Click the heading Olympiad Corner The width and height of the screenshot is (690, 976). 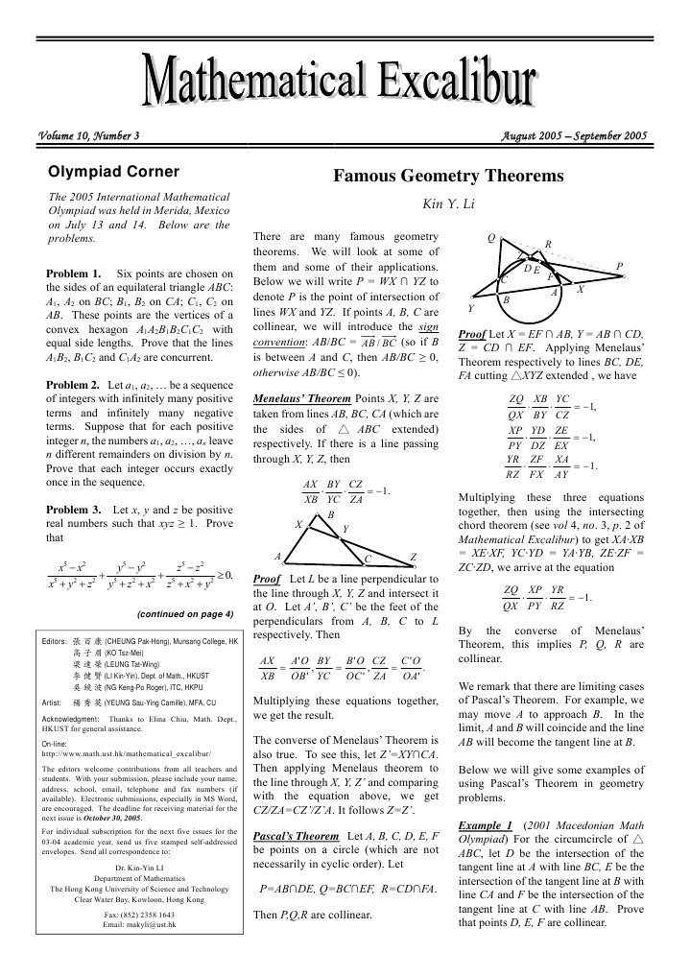click(113, 173)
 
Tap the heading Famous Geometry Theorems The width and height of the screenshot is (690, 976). click(448, 177)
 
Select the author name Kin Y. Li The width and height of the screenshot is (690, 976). click(447, 203)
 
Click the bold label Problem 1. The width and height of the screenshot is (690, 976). click(74, 274)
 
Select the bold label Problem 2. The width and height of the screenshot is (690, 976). click(74, 385)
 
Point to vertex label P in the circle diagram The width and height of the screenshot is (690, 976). click(620, 266)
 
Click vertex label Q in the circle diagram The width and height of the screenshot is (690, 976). click(491, 237)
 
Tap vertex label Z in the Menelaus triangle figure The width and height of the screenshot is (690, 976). click(413, 558)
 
